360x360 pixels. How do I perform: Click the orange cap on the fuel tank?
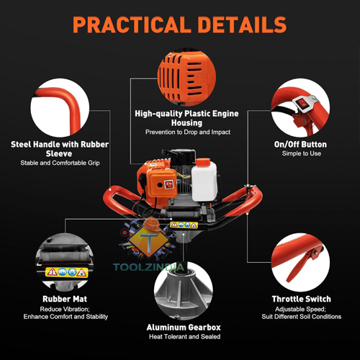click(x=203, y=162)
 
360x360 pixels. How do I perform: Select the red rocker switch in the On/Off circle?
click(x=301, y=104)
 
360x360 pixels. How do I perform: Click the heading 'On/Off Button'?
click(x=300, y=145)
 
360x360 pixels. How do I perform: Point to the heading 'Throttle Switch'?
click(x=302, y=299)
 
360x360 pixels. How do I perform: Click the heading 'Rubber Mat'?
click(x=65, y=299)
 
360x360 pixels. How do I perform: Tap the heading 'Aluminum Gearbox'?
click(x=184, y=328)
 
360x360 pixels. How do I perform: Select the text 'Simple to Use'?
click(x=302, y=153)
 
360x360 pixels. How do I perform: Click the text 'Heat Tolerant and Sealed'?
click(x=184, y=337)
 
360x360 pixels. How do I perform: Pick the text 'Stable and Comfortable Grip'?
click(x=60, y=163)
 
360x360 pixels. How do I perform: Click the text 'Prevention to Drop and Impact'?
click(x=188, y=132)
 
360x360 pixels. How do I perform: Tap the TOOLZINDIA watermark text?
click(x=148, y=267)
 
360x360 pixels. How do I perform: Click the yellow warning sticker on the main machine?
click(x=184, y=225)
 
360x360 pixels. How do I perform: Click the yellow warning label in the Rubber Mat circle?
click(x=66, y=273)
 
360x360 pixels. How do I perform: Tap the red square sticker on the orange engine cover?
click(x=169, y=184)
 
